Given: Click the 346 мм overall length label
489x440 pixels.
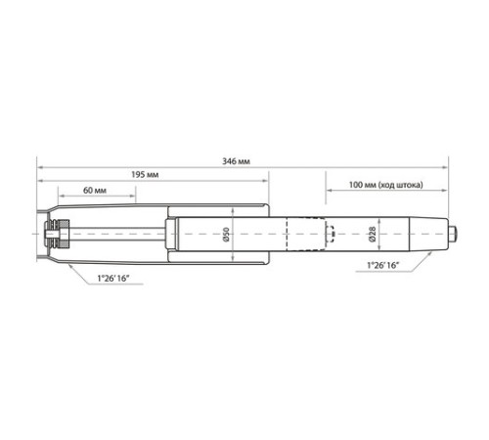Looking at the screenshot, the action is tap(236, 161).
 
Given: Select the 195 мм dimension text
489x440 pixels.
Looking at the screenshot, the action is tap(145, 175).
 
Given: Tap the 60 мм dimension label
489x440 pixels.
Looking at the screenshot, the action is tap(95, 190).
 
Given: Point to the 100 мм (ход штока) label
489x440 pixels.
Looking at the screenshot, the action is tap(386, 185).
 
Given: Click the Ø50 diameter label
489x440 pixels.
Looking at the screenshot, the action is tap(226, 235).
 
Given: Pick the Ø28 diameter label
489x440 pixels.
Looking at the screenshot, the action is tap(373, 234).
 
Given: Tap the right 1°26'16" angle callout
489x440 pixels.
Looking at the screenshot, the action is tap(383, 265).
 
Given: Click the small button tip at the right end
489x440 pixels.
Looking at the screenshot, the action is tap(453, 234).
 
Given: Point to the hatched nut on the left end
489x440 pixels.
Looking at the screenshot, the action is tap(64, 234).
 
